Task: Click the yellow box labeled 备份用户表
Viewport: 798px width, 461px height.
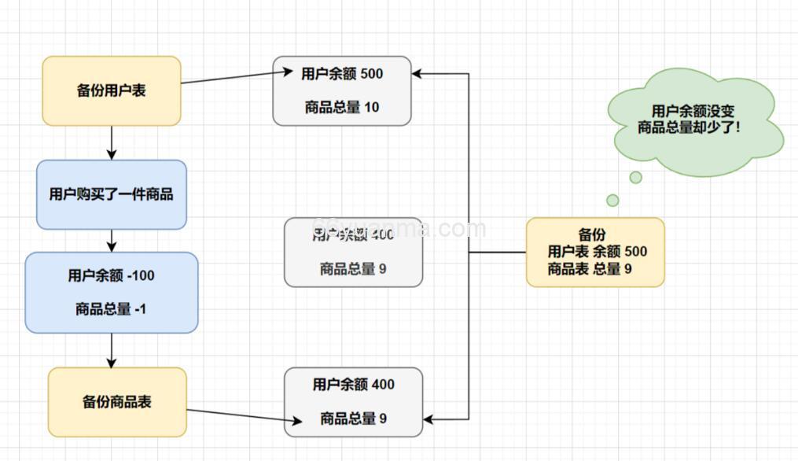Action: (x=112, y=90)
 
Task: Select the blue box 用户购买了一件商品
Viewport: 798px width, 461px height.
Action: (x=112, y=194)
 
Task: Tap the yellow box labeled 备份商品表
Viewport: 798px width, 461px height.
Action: (x=117, y=402)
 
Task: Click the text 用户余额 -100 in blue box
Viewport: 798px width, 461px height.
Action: (x=112, y=275)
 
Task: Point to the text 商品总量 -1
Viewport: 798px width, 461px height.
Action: (x=112, y=309)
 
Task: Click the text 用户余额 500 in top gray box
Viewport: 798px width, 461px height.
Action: (x=342, y=74)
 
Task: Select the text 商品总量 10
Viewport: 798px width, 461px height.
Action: (x=342, y=107)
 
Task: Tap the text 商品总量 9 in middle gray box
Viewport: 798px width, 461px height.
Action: (x=353, y=269)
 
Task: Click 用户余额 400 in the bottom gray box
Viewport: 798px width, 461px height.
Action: (x=353, y=385)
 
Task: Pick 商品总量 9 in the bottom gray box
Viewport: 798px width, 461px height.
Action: (x=353, y=419)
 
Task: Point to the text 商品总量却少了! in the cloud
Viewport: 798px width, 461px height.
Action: (x=689, y=127)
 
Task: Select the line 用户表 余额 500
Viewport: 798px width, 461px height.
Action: (x=598, y=252)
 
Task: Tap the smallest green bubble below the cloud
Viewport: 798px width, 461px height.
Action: (x=612, y=201)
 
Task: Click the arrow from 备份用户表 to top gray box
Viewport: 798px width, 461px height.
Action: (x=236, y=77)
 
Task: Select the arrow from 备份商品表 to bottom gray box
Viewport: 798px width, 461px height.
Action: (x=236, y=415)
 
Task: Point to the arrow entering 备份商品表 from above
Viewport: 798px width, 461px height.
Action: (x=112, y=350)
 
